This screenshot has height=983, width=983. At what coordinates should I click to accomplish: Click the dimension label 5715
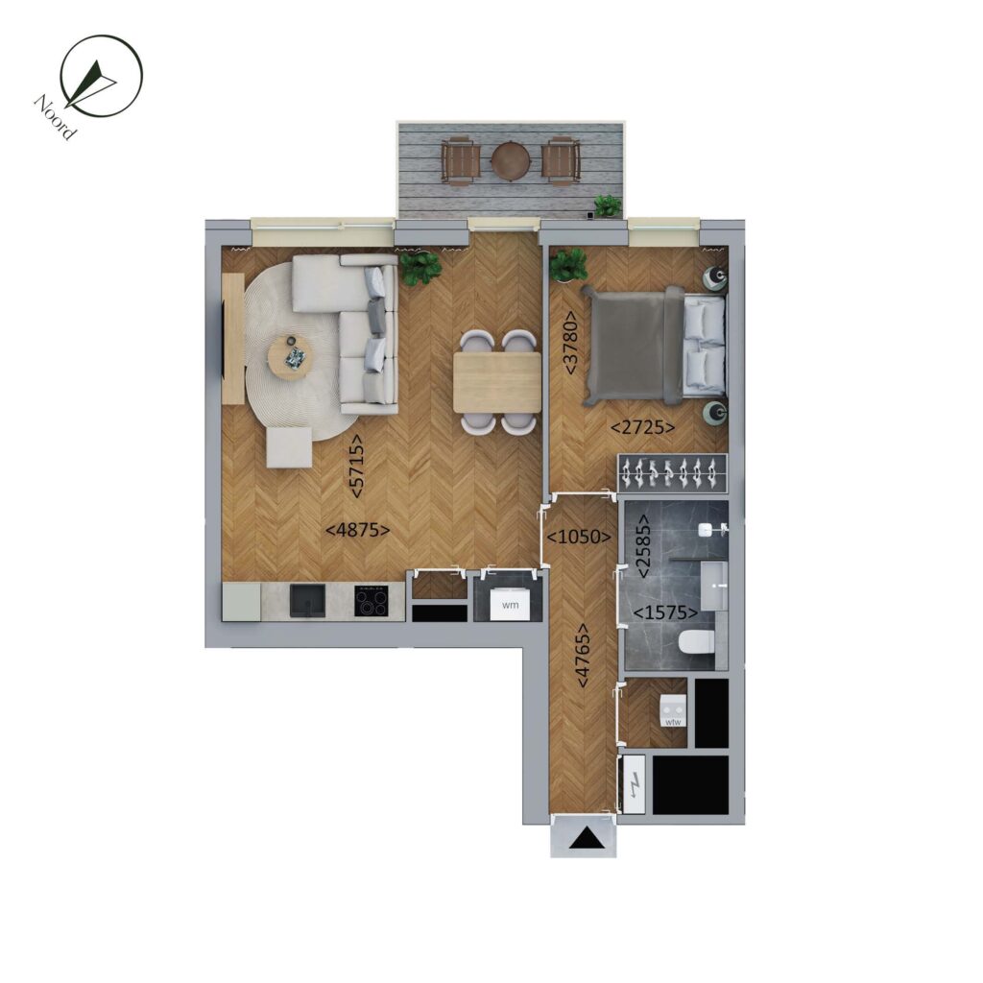click(x=356, y=467)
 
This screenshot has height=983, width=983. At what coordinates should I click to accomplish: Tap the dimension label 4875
click(x=358, y=530)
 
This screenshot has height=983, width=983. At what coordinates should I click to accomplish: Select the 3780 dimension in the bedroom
click(x=571, y=343)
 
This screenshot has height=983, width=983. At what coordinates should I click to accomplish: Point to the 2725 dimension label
click(x=643, y=427)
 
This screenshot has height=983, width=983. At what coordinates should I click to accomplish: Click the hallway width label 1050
click(x=579, y=537)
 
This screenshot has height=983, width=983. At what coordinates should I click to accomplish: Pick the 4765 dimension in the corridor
click(x=583, y=655)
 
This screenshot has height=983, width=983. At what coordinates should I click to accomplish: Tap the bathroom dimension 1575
click(x=665, y=611)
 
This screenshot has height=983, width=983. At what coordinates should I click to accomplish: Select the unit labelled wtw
click(x=673, y=713)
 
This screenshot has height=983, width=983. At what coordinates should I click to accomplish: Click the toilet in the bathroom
click(x=697, y=641)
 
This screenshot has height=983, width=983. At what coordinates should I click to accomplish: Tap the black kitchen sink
click(x=307, y=601)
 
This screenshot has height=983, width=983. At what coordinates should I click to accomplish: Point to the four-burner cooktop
click(x=372, y=601)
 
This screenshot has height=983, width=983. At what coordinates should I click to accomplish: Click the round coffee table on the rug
click(x=289, y=357)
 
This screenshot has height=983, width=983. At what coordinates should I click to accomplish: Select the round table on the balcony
click(x=511, y=161)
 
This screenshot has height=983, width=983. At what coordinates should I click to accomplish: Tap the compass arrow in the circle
click(x=90, y=83)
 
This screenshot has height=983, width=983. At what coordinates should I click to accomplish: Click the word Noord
click(x=56, y=117)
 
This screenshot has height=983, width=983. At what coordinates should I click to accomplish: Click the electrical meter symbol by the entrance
click(x=635, y=784)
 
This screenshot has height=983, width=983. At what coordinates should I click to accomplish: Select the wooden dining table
click(x=497, y=382)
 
